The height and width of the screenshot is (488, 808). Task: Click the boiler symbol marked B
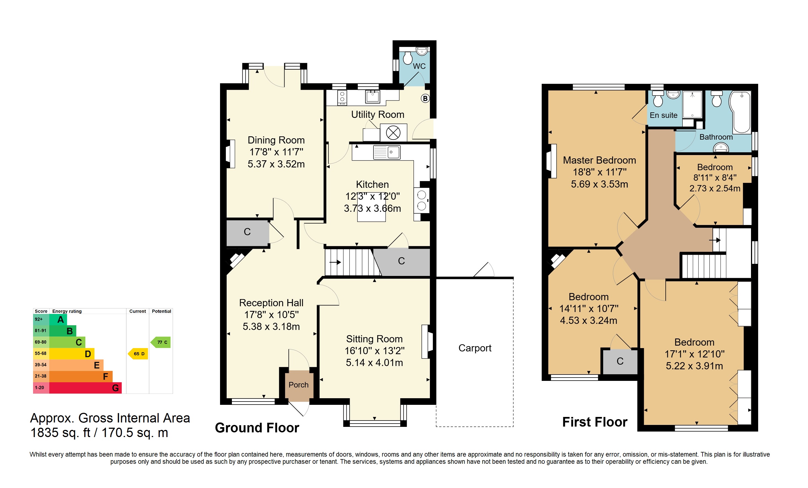425,98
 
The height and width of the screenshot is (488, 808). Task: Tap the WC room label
419,66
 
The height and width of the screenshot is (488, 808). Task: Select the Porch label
299,385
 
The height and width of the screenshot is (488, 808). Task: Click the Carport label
475,348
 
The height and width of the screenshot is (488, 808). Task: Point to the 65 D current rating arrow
138,354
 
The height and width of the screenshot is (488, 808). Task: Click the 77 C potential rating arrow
160,342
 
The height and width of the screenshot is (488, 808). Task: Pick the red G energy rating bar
85,388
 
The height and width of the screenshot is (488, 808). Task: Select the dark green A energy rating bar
58,319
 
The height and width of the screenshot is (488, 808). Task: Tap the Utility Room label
378,115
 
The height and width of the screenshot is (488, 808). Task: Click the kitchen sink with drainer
387,152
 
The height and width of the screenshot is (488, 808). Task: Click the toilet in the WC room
408,58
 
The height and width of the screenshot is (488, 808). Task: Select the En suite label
663,115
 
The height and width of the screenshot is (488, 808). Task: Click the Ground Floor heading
257,428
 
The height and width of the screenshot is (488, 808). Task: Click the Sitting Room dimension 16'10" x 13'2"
375,351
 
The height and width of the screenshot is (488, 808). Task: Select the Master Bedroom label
600,160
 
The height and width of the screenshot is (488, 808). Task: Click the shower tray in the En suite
692,104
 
